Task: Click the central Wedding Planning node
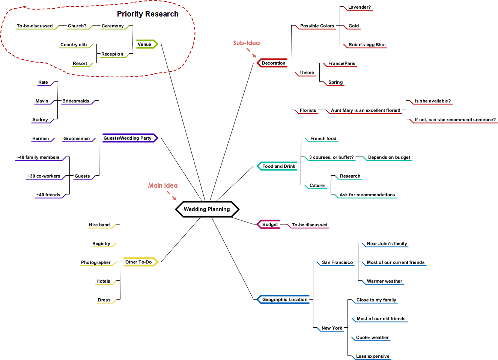click(x=207, y=209)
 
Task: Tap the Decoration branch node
click(x=272, y=63)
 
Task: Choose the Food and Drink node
click(x=277, y=166)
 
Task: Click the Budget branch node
click(x=268, y=224)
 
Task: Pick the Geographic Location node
click(x=283, y=299)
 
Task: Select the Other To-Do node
click(x=140, y=262)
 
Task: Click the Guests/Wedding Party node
click(x=130, y=138)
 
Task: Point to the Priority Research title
click(x=147, y=14)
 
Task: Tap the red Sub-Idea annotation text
click(x=246, y=43)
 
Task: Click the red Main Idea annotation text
click(x=163, y=185)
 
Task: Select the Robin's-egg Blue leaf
click(x=367, y=45)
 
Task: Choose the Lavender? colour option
click(x=360, y=7)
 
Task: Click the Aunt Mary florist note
click(x=366, y=110)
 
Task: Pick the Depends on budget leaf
click(x=389, y=157)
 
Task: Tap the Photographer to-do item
click(x=96, y=262)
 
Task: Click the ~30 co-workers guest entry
click(x=44, y=176)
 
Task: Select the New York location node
click(x=332, y=328)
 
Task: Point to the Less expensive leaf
click(x=373, y=356)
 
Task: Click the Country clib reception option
click(x=74, y=45)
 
